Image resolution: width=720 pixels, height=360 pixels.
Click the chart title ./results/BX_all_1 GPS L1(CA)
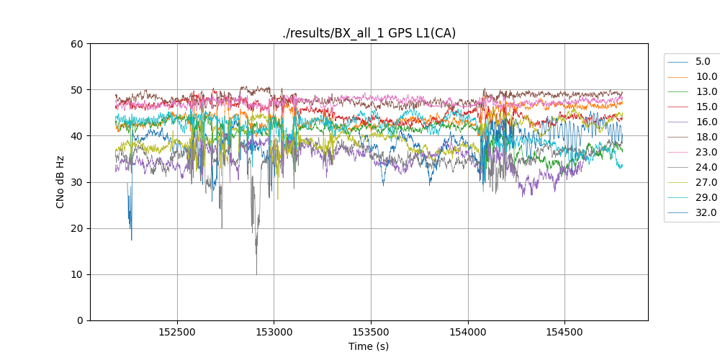pos(369,33)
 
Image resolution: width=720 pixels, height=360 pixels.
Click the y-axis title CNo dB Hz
pos(60,182)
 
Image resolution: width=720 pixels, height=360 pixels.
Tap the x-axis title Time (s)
pos(369,346)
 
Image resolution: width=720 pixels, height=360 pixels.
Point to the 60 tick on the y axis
pos(77,44)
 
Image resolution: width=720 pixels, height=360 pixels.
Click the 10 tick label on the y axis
pos(77,274)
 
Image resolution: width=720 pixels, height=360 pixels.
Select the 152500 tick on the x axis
pos(177,333)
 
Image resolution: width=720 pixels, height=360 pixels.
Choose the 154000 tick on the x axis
pos(468,333)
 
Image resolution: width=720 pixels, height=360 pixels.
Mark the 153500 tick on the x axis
pos(371,333)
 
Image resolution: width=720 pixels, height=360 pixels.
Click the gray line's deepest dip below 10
pos(256,274)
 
